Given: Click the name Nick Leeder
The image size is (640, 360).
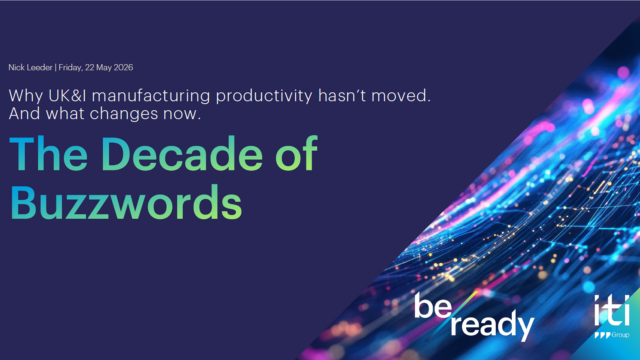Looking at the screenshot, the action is pos(30,67).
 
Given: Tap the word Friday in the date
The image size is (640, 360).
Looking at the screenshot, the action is pos(70,68).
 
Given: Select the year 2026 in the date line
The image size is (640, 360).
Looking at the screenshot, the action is pos(123,67).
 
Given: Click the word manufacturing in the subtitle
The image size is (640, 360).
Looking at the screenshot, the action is pos(151,96).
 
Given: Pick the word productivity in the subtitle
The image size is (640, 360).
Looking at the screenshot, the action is pos(264,96).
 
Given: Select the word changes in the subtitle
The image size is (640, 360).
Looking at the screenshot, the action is pos(124,114).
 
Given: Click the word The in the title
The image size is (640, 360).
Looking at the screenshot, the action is pos(49,153).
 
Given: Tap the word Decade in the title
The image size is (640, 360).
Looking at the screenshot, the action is pos(182,153).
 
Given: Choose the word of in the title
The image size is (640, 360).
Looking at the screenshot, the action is pos(296,153).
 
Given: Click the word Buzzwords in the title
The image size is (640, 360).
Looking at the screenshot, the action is pos(126,202).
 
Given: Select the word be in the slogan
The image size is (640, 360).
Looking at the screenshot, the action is pos(433,305).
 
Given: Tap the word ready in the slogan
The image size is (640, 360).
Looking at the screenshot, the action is pos(492,325).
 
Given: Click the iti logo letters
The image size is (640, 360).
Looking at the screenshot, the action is pos(611,310).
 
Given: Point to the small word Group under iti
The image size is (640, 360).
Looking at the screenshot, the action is pos(620,335).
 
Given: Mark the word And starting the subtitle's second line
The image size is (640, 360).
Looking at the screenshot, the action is pos(25,113).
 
